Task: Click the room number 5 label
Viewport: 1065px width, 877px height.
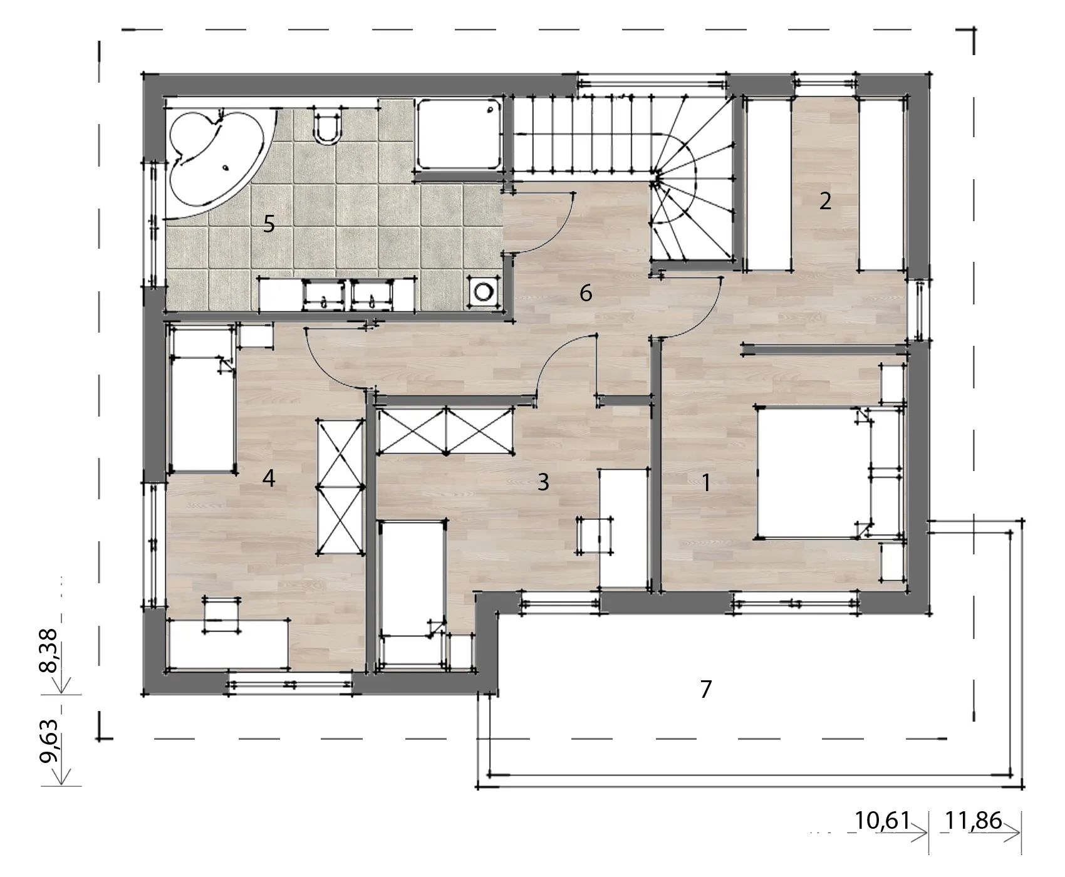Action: click(x=269, y=224)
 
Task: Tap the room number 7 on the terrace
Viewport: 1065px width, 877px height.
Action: click(x=706, y=689)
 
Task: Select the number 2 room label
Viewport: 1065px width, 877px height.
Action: click(x=825, y=201)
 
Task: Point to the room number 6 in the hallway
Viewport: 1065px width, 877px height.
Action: click(x=586, y=293)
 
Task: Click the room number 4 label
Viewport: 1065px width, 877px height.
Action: click(x=269, y=479)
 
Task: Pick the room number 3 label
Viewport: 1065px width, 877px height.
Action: click(x=543, y=482)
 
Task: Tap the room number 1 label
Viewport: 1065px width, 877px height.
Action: click(x=706, y=483)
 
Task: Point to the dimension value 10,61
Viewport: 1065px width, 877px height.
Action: click(x=882, y=838)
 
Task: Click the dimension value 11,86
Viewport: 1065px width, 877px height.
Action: click(x=974, y=838)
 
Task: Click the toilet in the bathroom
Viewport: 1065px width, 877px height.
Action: click(x=327, y=125)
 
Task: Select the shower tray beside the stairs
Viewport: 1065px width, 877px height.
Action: click(x=460, y=133)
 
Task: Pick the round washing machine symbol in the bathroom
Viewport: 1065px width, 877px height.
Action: click(x=484, y=291)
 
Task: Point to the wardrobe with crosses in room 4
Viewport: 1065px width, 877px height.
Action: click(x=341, y=487)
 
